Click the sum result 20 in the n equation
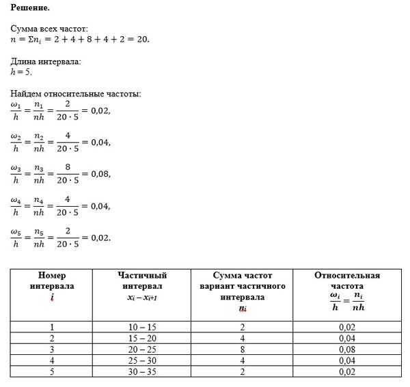tap(141, 40)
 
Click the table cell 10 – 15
tap(143, 327)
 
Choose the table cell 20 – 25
tap(143, 349)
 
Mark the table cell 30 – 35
tap(143, 373)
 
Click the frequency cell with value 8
tap(242, 349)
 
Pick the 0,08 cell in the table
tap(347, 349)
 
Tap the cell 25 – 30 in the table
tap(143, 361)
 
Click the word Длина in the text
tap(25, 62)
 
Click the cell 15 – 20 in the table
tap(143, 339)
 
